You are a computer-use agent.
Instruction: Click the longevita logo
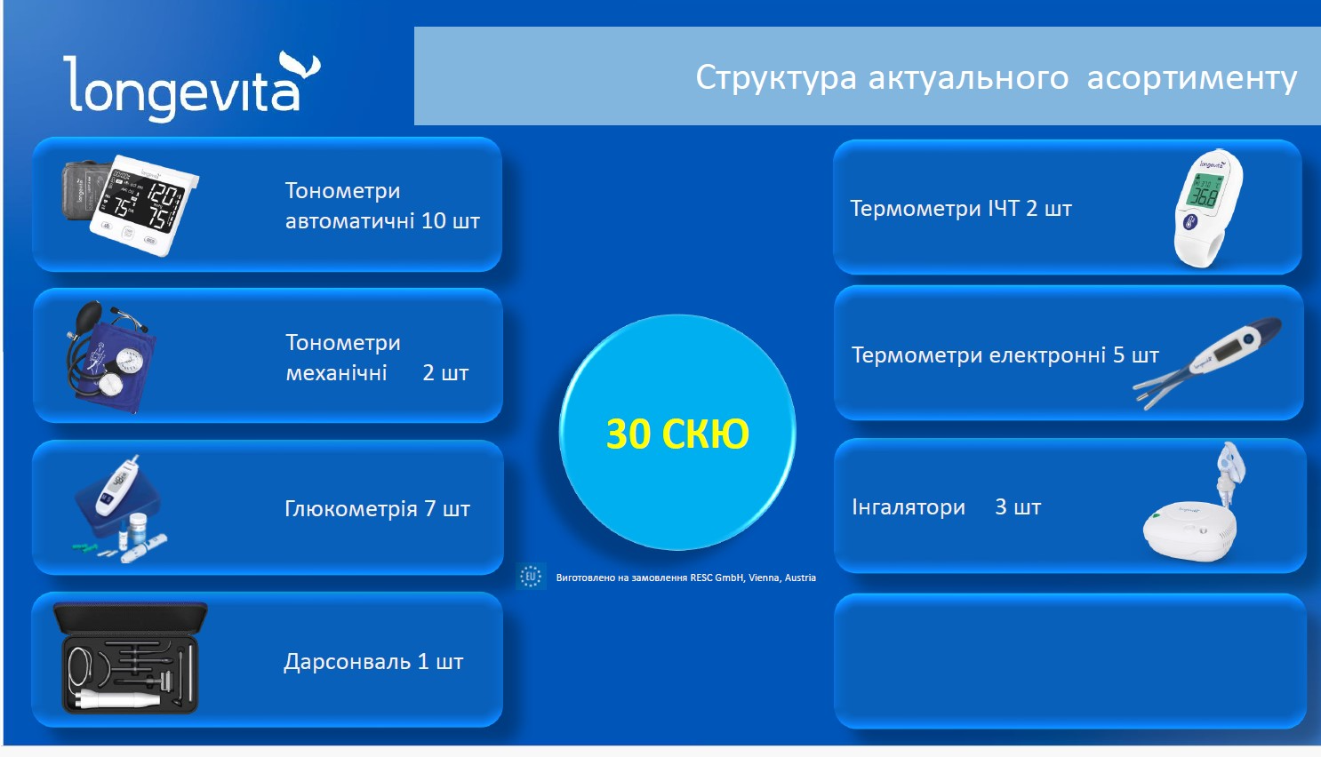(x=192, y=87)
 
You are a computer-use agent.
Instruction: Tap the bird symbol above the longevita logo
(x=300, y=64)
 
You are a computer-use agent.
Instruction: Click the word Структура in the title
(x=776, y=78)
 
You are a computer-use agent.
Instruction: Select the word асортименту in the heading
(x=1192, y=79)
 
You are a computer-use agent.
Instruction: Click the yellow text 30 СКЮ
(x=677, y=434)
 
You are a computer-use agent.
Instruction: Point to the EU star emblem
(x=530, y=576)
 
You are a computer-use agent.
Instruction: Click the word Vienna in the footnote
(x=764, y=578)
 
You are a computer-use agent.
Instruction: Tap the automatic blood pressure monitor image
(x=131, y=204)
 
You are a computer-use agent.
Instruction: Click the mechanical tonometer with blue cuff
(x=111, y=356)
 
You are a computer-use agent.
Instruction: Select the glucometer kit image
(x=121, y=509)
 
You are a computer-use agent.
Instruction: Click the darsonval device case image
(x=131, y=658)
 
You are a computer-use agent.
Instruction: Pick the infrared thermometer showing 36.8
(x=1208, y=208)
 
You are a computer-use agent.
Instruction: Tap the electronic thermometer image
(x=1207, y=363)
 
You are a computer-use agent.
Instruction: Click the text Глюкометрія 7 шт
(x=378, y=508)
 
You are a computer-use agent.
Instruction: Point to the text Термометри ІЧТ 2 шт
(x=961, y=208)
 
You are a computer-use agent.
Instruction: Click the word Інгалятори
(x=909, y=507)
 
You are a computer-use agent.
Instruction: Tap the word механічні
(x=336, y=372)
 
